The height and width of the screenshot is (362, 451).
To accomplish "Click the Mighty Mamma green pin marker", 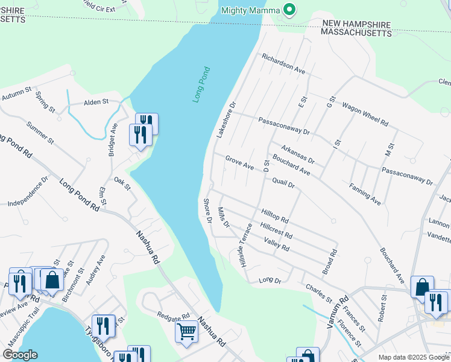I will point(289,10).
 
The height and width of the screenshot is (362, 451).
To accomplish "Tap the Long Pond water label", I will point(201,84).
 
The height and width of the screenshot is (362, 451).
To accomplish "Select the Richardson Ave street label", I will point(283,63).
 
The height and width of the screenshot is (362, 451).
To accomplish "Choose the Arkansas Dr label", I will point(297,154).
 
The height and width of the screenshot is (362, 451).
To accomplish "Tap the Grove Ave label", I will point(239,162).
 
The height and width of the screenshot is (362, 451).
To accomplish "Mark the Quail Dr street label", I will point(283,183).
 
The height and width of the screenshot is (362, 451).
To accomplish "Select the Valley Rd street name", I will point(277,244).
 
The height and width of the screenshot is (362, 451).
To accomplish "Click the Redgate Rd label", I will point(173,316).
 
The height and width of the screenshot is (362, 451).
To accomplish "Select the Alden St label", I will point(96,102).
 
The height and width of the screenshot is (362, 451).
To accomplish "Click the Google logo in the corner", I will point(19,355).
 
